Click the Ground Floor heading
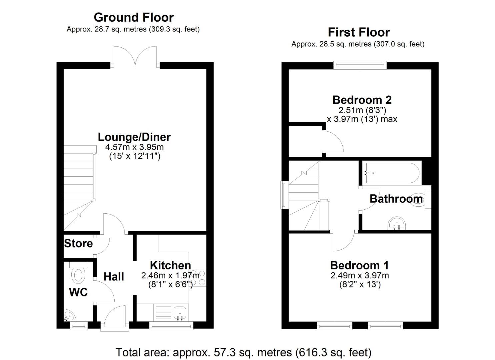point(133,17)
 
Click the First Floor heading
point(359,32)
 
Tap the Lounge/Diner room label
point(134,137)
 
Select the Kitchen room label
point(170,265)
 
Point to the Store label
point(78,243)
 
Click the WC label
point(78,292)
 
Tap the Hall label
point(114,276)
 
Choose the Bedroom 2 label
point(362,100)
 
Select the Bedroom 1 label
point(359,265)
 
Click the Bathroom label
point(396,199)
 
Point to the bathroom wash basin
point(397,223)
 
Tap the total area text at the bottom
point(243,352)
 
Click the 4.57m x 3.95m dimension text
point(134,147)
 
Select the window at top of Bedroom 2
point(360,65)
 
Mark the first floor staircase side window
point(285,195)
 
